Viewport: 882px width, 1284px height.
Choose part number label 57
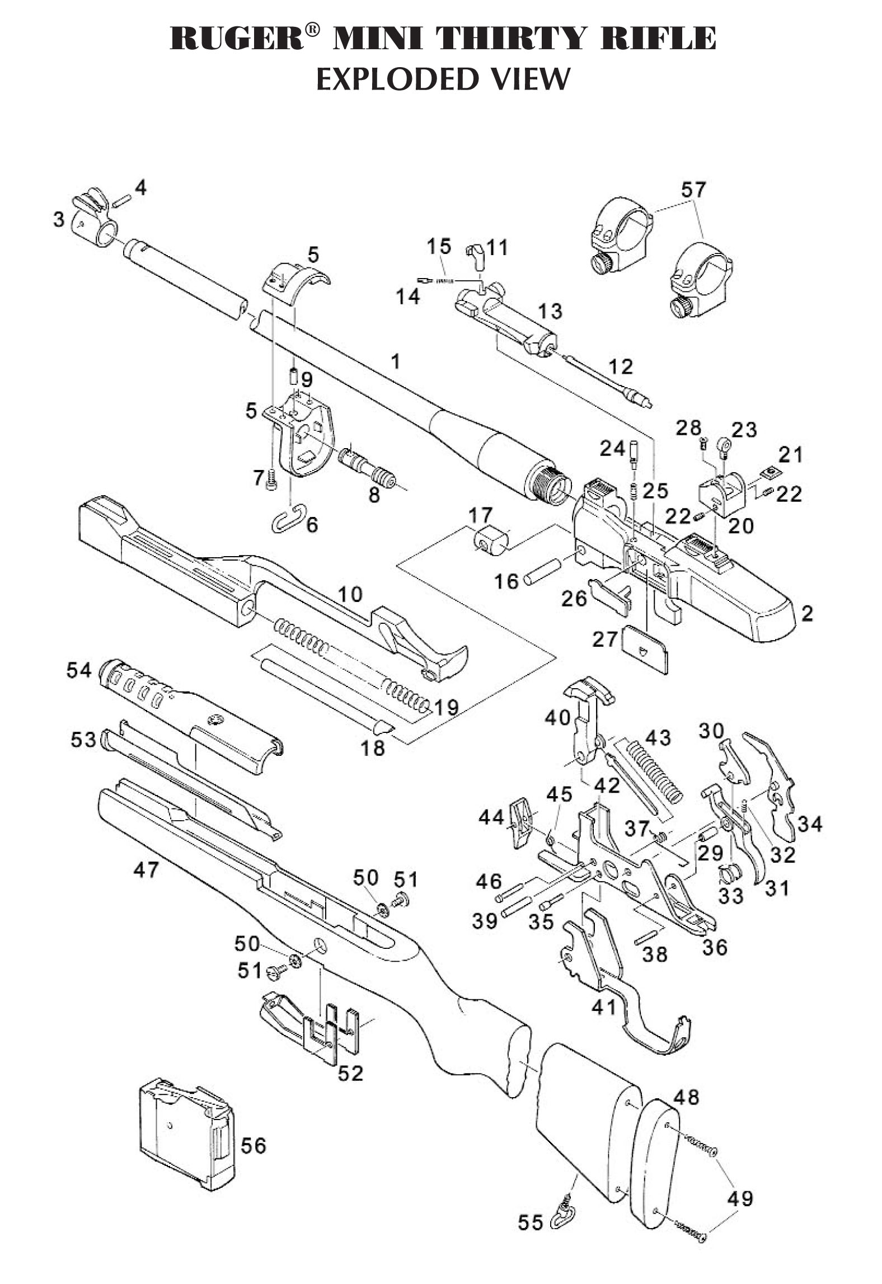694,190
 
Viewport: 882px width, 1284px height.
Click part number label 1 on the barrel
396,361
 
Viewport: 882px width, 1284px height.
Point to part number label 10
350,595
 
